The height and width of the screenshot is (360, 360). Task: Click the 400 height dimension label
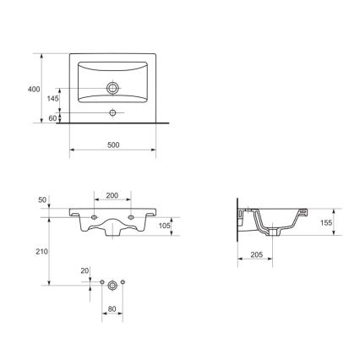[34, 89]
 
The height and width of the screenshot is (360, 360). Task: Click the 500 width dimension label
[112, 145]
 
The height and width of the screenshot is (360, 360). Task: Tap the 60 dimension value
[52, 117]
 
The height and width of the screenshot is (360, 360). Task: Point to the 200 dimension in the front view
[112, 195]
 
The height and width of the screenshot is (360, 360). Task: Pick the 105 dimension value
[166, 226]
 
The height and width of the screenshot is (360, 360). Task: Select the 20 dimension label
[85, 271]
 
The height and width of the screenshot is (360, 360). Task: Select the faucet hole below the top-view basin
[112, 112]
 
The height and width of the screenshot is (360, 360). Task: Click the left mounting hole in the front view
[93, 218]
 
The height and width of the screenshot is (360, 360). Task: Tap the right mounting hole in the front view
[132, 218]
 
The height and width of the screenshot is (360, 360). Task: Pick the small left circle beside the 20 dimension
[101, 281]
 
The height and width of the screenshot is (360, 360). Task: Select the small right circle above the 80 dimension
[123, 281]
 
